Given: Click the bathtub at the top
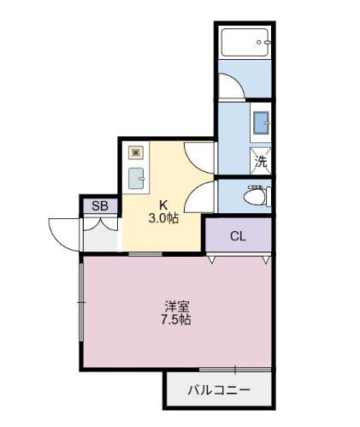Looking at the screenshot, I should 245,43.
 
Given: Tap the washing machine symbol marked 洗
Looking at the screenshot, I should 261,159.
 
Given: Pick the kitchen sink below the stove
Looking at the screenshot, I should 136,177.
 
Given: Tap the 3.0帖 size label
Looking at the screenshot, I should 162,219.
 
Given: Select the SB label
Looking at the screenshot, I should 100,205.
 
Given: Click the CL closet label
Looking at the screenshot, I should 238,236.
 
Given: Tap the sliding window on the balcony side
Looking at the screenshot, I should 234,369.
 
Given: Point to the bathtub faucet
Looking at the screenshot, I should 266,41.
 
